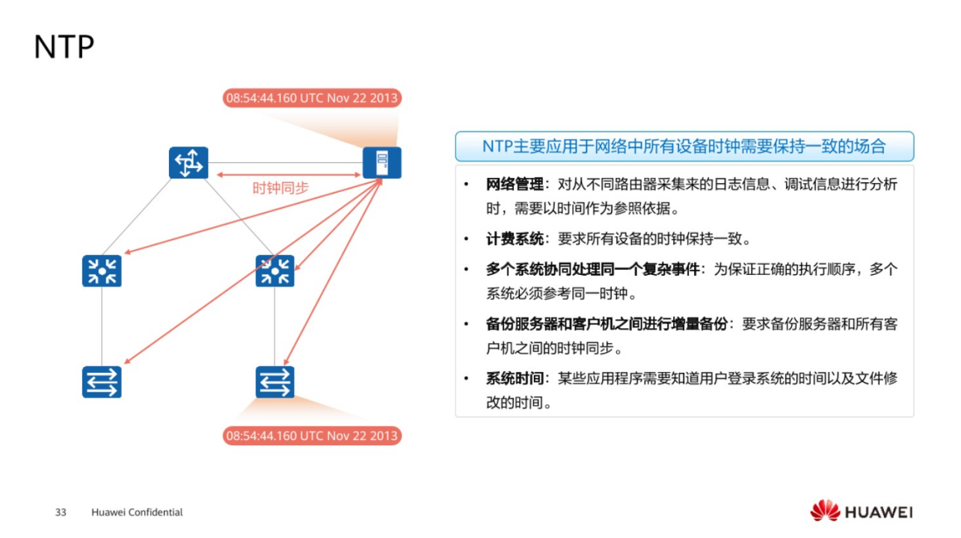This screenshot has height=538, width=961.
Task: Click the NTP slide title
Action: coord(64,47)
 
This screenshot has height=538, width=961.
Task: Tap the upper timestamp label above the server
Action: coord(311,98)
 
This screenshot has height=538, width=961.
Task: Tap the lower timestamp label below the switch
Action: coord(311,436)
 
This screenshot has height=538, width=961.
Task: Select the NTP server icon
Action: coord(381,162)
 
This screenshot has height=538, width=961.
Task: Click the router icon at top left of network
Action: coord(188,162)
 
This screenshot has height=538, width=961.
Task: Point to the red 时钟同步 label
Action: coord(280,188)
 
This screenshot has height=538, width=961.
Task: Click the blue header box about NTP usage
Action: coord(684,146)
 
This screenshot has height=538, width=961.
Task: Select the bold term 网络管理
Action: coord(515,185)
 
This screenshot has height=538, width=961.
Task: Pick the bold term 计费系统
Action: coord(515,239)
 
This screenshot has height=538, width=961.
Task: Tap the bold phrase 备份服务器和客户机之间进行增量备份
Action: coord(607,324)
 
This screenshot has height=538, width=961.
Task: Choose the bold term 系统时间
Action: coord(515,379)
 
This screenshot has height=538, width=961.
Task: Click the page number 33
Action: coord(61,513)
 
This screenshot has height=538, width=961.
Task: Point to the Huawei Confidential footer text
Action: coord(137,513)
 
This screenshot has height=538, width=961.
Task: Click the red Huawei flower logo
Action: coord(825,511)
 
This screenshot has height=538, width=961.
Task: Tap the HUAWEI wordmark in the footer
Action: coord(879,513)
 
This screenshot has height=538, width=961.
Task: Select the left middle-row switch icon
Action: coord(102,270)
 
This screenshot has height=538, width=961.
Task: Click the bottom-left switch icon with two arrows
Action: coord(102,382)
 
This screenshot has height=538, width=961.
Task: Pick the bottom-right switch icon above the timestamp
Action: coord(274,382)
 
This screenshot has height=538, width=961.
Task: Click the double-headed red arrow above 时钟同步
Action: coord(289,175)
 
